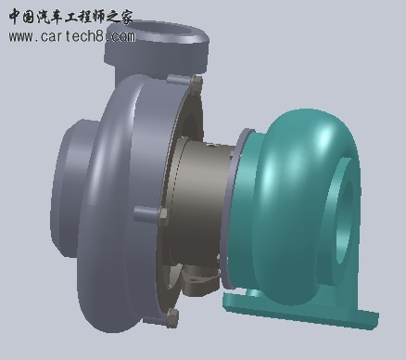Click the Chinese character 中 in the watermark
pyautogui.click(x=16, y=17)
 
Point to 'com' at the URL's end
pyautogui.click(x=123, y=37)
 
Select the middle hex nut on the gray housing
pyautogui.click(x=163, y=216)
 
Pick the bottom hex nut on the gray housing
pyautogui.click(x=172, y=318)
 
